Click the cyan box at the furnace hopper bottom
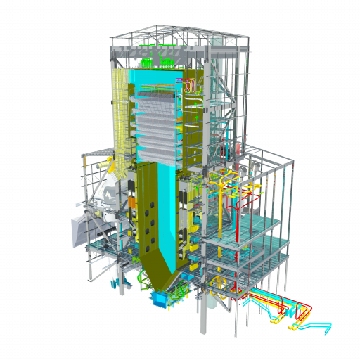click(161, 300)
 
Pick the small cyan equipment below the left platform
click(115, 283)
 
